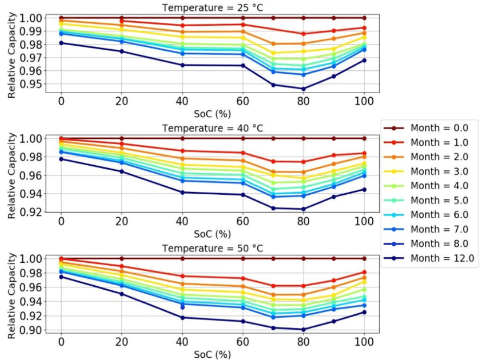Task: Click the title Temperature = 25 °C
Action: (x=212, y=7)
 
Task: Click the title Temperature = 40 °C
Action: (x=212, y=128)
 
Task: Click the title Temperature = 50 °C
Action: (x=212, y=248)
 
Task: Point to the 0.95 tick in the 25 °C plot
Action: (x=31, y=84)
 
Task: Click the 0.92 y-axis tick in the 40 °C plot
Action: (x=31, y=212)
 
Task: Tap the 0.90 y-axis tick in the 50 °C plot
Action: (x=31, y=330)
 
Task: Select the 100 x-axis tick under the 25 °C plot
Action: (x=364, y=102)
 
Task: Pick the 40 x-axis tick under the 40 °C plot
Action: (x=182, y=222)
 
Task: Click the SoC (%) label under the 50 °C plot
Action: (x=212, y=354)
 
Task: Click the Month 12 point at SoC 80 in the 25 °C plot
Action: (x=303, y=89)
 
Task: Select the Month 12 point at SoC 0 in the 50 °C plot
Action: (x=61, y=277)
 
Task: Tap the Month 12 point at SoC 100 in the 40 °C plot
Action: (x=364, y=189)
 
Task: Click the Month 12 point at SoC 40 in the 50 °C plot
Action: (x=182, y=318)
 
